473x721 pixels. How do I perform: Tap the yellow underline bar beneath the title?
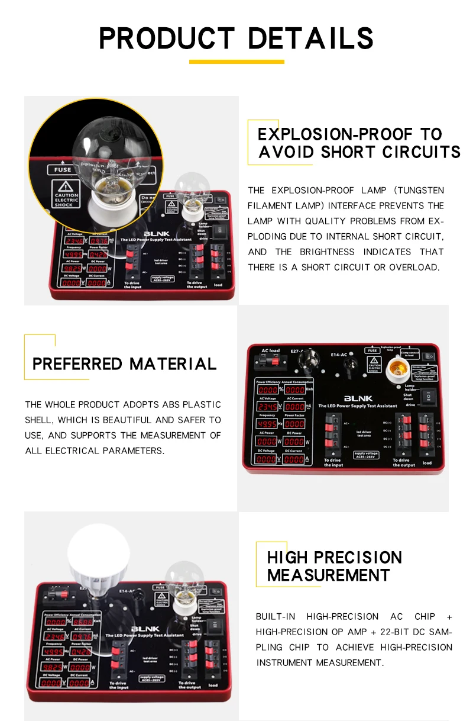point(237,62)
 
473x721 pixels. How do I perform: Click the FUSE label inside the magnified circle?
point(63,169)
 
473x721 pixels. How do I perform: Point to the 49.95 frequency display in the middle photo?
point(267,424)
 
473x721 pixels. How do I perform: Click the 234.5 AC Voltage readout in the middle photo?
point(267,407)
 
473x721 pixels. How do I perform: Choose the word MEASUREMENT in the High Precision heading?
point(328,575)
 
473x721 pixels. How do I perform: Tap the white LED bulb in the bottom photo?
point(98,553)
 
